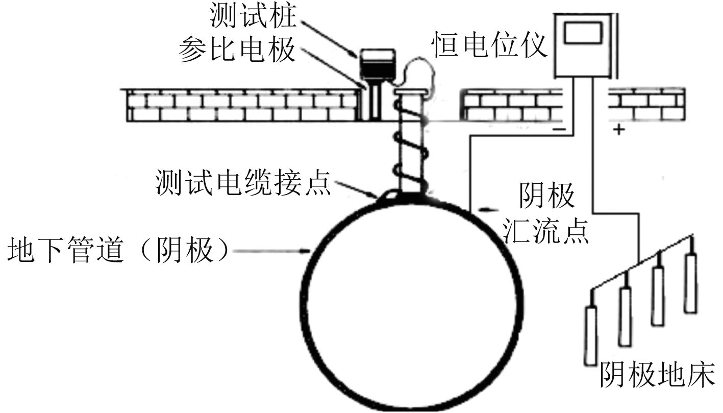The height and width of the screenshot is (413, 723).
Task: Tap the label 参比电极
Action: pos(237,50)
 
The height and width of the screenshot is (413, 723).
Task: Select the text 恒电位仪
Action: pos(490,45)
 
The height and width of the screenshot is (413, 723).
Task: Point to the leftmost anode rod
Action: pos(590,334)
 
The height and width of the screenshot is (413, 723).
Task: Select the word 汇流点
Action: pos(546,233)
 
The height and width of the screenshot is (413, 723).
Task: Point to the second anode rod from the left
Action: pos(625,316)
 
